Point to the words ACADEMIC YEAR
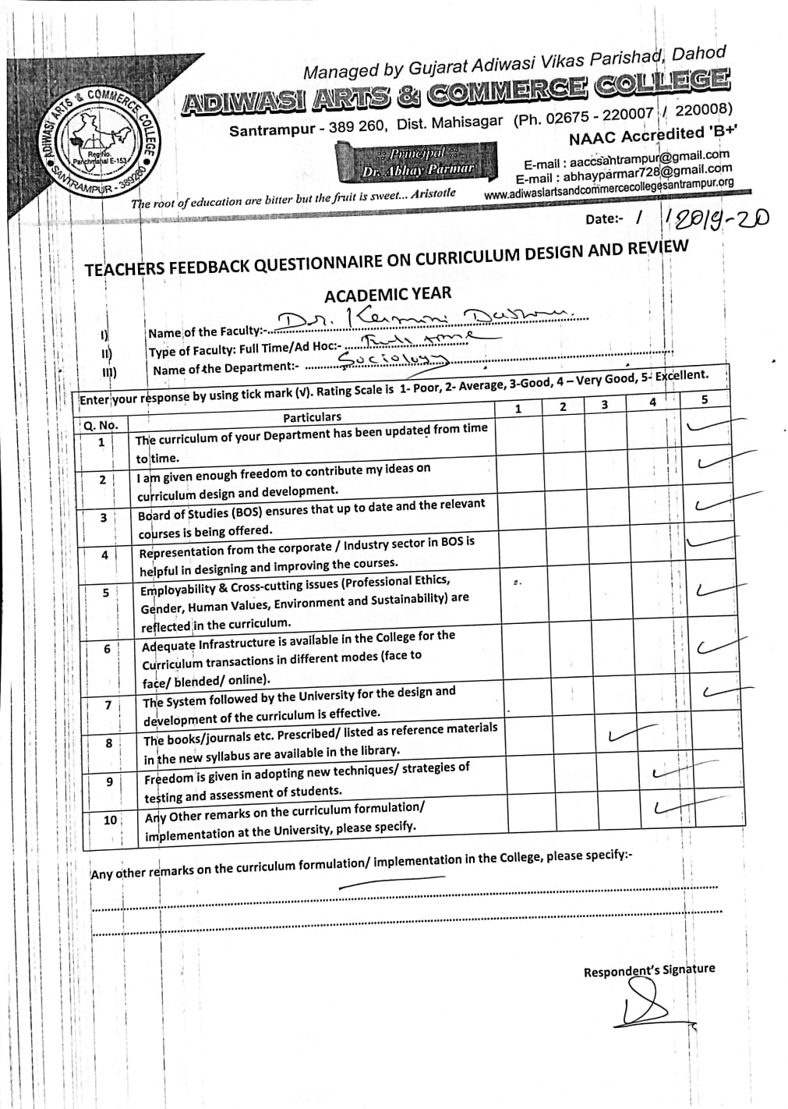click(x=387, y=295)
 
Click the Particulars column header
click(x=312, y=417)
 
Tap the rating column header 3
click(x=605, y=405)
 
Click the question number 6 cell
click(x=107, y=649)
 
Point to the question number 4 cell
click(x=104, y=555)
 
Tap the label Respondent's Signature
click(x=648, y=970)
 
